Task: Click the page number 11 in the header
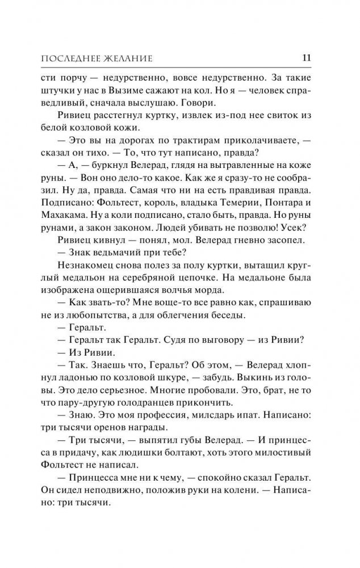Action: click(306, 57)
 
